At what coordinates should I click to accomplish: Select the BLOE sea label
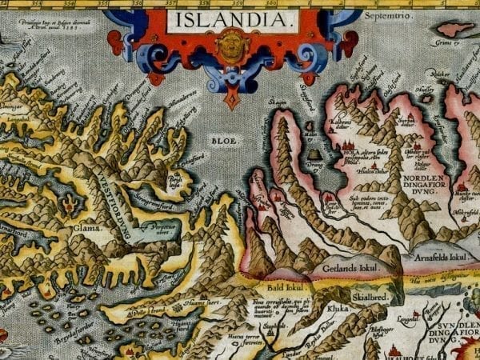pyautogui.click(x=225, y=139)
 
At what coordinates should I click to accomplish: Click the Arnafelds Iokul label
pyautogui.click(x=439, y=257)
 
